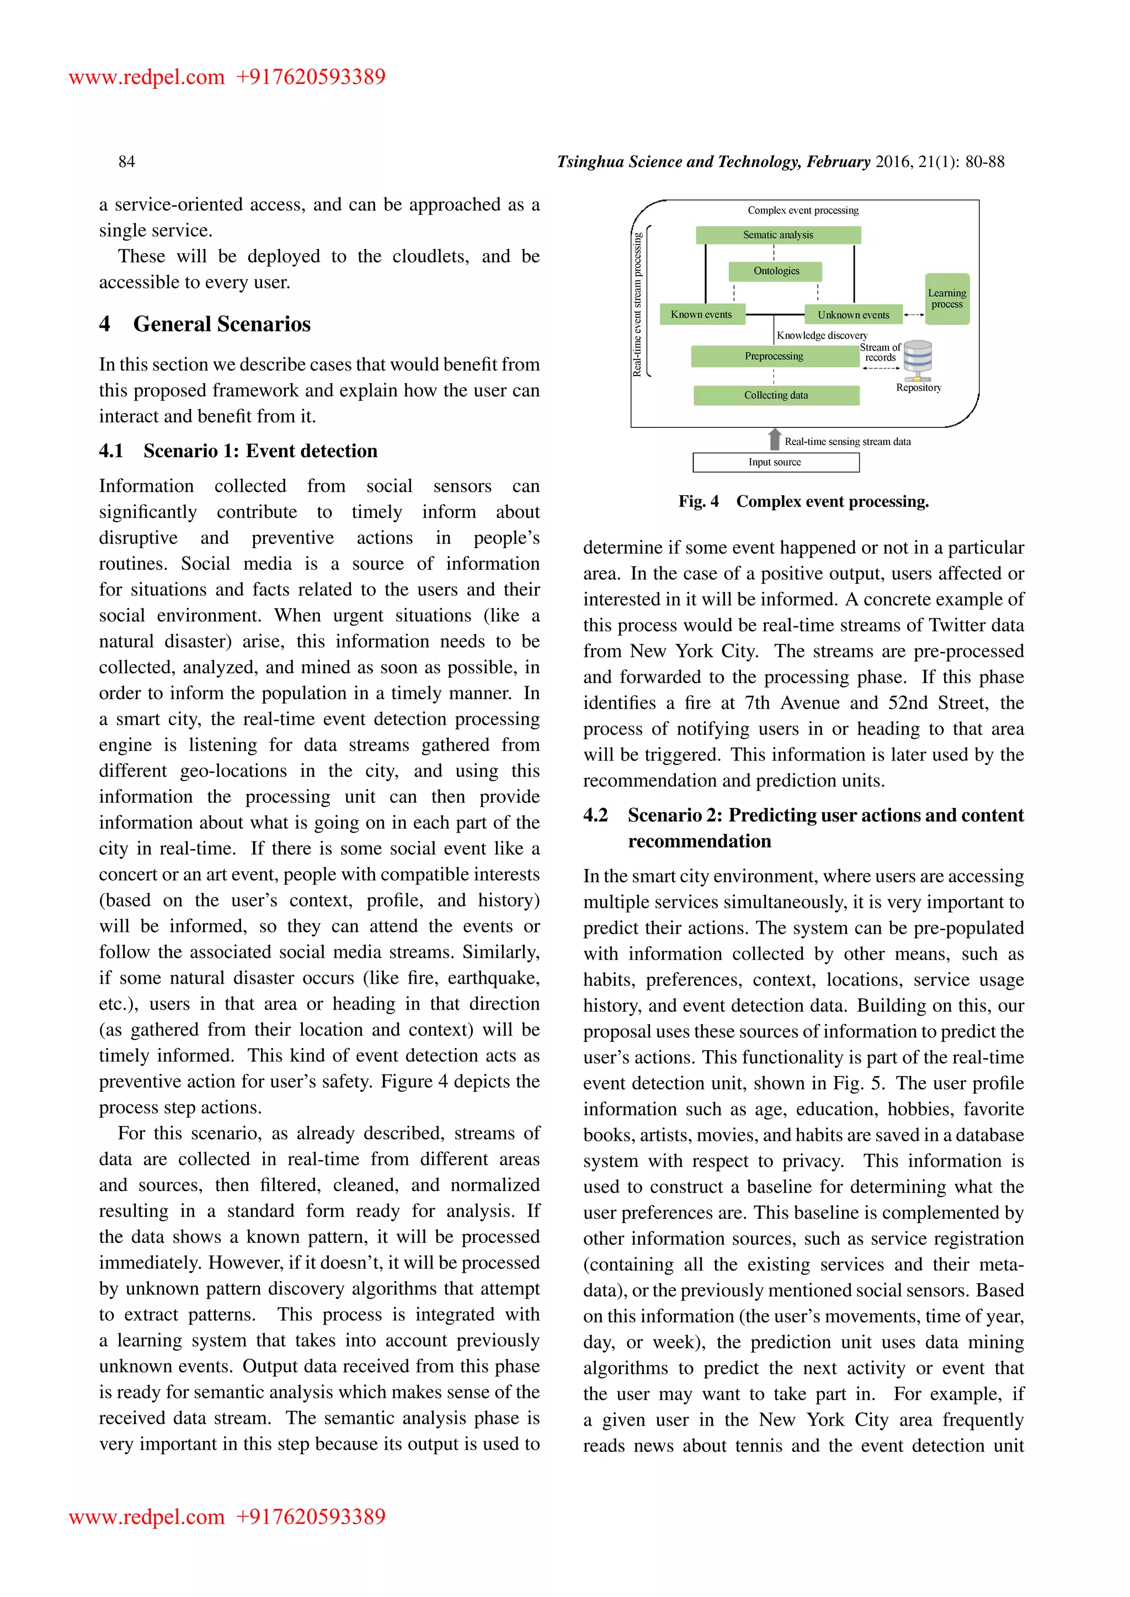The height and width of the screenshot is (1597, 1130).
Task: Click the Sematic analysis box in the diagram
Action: click(778, 235)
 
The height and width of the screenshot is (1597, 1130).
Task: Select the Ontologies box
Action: click(776, 271)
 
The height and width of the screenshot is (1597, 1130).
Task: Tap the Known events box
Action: click(701, 314)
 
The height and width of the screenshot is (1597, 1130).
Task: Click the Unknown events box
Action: click(853, 315)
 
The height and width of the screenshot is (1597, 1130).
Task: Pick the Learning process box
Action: click(946, 298)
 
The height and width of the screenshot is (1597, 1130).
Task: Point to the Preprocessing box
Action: click(774, 356)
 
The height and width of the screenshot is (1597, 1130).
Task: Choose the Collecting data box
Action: click(776, 395)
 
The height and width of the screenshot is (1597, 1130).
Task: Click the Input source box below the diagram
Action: click(775, 462)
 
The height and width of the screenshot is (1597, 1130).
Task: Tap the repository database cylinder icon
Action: click(917, 359)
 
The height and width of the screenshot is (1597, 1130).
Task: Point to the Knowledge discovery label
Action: click(822, 335)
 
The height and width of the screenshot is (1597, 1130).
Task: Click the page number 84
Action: click(127, 162)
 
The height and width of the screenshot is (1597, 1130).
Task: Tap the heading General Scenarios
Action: click(221, 324)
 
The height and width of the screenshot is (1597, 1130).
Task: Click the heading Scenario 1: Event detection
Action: click(260, 451)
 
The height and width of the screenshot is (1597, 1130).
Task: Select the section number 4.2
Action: click(595, 815)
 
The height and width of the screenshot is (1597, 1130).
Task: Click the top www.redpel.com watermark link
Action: click(146, 77)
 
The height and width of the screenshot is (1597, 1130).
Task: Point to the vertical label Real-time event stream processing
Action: click(637, 304)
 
